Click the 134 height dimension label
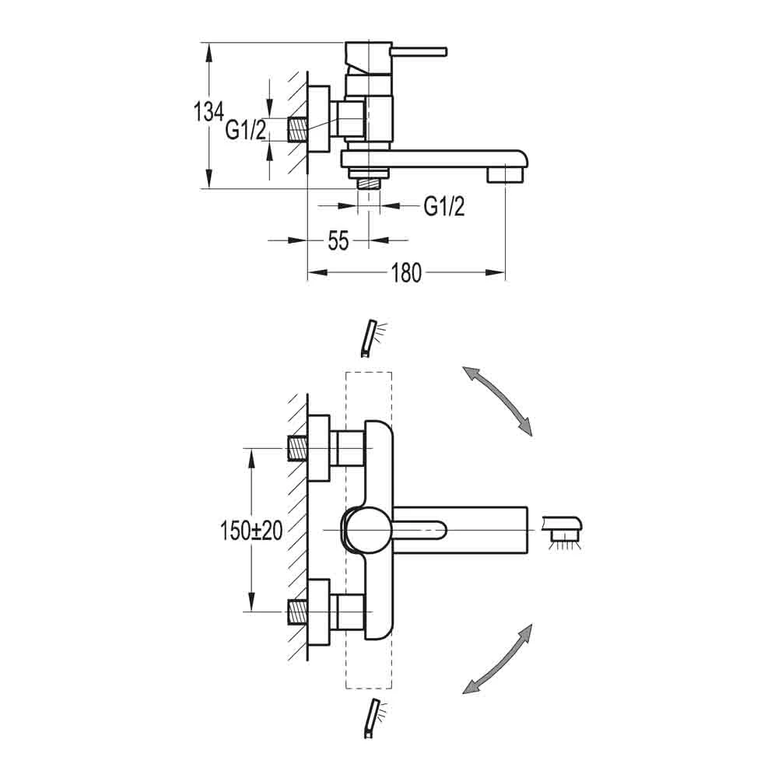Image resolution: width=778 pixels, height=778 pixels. [209, 112]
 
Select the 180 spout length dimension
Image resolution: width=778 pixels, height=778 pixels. [405, 272]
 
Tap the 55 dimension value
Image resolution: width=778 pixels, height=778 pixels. [337, 241]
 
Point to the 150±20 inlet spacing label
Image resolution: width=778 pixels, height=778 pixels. [251, 531]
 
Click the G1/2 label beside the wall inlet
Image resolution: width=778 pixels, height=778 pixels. [246, 130]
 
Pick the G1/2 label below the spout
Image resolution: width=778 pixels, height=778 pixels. [444, 206]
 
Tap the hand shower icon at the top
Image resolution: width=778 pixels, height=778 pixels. [370, 337]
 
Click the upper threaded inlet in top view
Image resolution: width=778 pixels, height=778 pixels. [298, 449]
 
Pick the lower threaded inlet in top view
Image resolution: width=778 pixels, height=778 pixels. [298, 612]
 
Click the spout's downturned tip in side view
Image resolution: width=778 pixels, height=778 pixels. [506, 174]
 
